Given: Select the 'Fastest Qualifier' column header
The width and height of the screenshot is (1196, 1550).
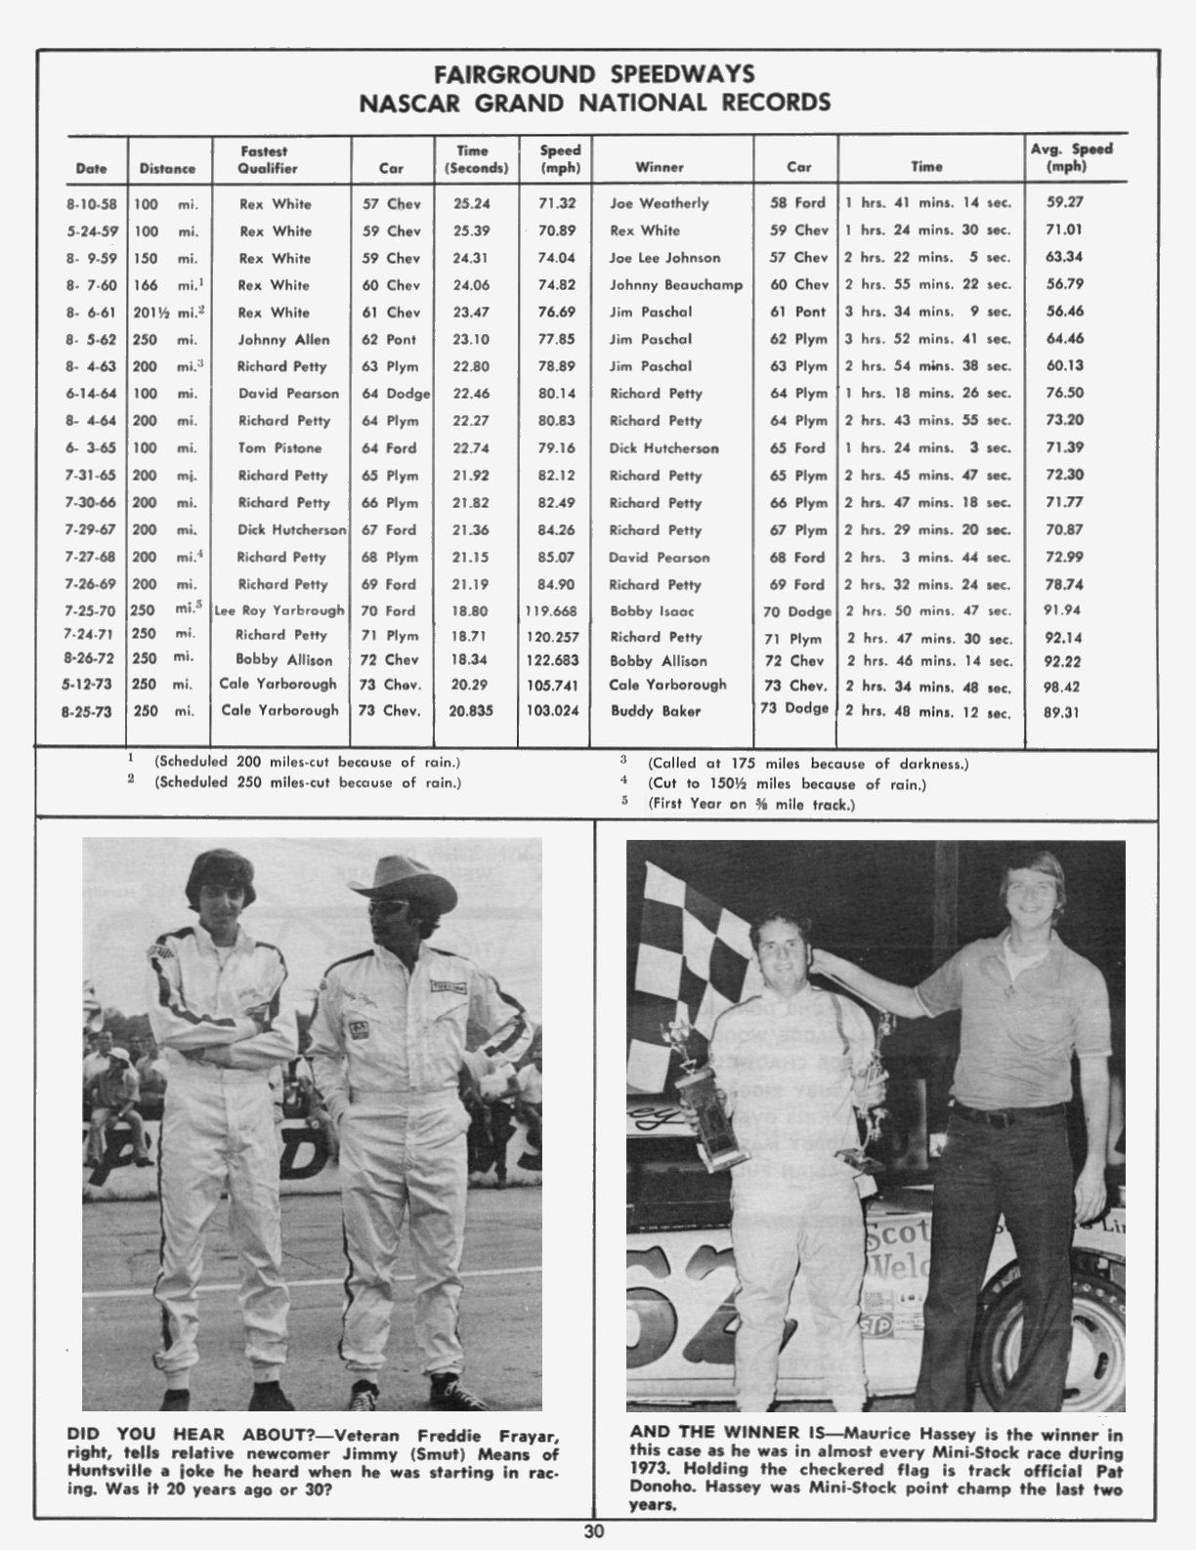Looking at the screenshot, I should click(x=264, y=159).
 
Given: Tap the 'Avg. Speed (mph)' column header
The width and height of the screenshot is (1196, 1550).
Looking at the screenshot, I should click(x=1071, y=157).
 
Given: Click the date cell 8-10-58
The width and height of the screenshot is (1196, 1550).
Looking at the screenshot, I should click(x=92, y=204).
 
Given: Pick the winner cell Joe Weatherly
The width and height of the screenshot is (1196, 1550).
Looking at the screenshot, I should click(x=659, y=203).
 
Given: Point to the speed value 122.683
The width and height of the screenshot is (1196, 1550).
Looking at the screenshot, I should click(x=552, y=660).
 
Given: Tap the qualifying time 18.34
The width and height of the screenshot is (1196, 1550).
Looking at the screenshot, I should click(x=472, y=660).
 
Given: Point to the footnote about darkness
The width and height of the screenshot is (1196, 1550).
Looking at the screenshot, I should click(x=807, y=764).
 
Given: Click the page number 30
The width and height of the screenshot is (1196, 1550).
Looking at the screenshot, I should click(x=594, y=1530).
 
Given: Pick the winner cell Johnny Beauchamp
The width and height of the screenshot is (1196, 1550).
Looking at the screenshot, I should click(x=675, y=285).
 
